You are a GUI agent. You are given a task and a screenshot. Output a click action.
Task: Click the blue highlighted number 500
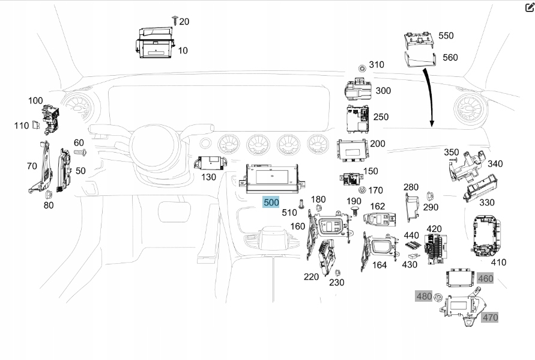(271, 202)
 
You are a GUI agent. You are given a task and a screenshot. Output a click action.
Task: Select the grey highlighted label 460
(485, 278)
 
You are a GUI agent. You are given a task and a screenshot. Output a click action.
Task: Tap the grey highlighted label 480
(424, 296)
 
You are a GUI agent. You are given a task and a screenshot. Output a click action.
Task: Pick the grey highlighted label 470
(490, 317)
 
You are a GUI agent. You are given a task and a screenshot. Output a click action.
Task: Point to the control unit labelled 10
(154, 43)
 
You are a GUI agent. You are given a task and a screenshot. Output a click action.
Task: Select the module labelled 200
(352, 150)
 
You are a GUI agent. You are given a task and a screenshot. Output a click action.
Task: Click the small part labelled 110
(38, 126)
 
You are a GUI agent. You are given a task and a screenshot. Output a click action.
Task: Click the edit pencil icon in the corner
(529, 7)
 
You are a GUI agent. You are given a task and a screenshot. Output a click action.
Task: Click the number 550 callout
(446, 35)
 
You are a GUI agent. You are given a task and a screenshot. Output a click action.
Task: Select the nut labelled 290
(430, 195)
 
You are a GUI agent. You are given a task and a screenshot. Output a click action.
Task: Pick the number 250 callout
(381, 116)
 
